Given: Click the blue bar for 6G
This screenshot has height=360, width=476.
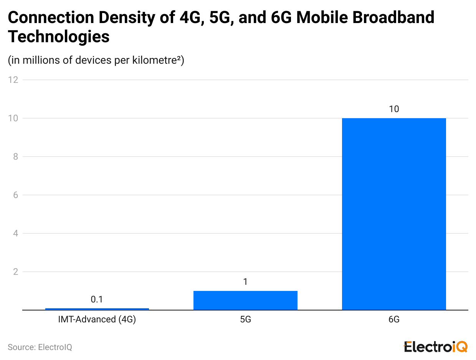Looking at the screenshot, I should click(394, 214).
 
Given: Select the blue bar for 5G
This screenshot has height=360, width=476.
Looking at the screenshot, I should click(245, 300).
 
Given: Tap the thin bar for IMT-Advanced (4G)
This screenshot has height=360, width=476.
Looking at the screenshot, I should click(97, 309).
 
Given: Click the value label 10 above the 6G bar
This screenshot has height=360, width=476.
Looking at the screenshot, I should click(394, 109).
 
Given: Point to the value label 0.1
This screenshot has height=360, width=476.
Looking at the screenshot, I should click(97, 299).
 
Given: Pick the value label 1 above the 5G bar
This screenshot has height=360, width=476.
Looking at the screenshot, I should click(245, 282).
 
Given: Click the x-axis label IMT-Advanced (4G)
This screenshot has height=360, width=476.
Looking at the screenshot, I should click(97, 319).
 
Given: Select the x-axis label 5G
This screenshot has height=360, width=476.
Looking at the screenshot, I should click(245, 319).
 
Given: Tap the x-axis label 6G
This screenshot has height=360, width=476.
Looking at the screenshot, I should click(394, 319).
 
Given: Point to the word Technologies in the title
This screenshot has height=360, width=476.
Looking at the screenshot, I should click(59, 37).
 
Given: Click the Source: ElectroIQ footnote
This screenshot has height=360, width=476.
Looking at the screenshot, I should click(40, 347).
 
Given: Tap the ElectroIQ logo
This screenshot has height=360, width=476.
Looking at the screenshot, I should click(435, 347).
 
